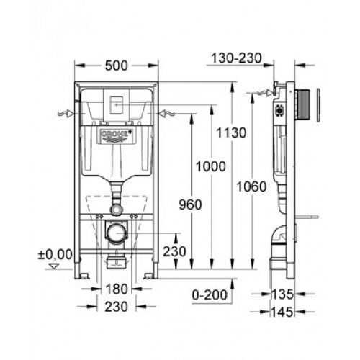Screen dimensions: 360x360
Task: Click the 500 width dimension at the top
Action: point(116,66)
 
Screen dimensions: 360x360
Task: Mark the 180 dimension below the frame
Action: point(117,289)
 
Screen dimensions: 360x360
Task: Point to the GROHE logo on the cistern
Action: point(116,136)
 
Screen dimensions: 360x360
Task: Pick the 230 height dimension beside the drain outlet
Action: point(175,251)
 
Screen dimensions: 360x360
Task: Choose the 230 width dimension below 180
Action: point(117,307)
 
